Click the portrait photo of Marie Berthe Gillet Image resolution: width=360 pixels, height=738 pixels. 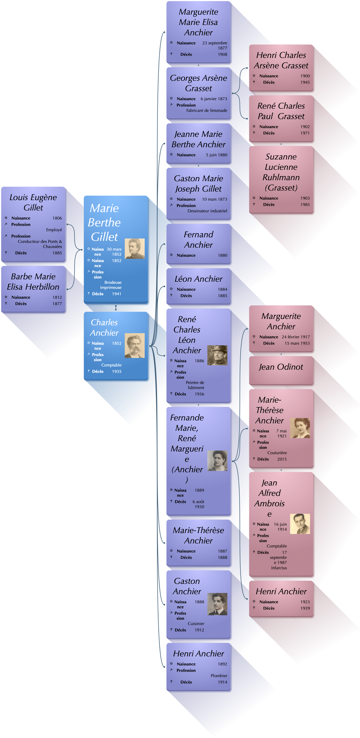coord(134,249)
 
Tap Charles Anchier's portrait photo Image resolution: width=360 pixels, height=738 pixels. coord(134,346)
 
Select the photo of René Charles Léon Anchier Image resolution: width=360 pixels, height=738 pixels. coord(217,355)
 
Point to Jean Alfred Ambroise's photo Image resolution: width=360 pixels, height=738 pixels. coord(300,524)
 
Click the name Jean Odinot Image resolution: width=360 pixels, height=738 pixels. coord(281,367)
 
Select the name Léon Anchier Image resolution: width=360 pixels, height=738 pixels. coord(198,279)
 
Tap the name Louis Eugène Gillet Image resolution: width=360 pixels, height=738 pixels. coord(33,202)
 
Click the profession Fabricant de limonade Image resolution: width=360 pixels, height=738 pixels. coord(206,111)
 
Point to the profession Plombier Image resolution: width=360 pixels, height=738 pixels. coord(219,676)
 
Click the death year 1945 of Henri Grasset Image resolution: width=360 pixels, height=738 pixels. coord(305,82)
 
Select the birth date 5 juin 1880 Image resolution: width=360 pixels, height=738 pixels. coord(216,155)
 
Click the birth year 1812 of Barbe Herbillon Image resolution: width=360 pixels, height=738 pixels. coord(57,297)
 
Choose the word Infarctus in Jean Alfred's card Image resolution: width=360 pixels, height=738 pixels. coord(279,568)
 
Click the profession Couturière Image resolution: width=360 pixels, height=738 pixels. coord(277,453)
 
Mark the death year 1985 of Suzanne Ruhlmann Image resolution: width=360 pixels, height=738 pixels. coord(305,205)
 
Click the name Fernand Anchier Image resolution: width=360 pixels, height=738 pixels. coord(198,240)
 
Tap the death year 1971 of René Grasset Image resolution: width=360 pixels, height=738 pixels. coord(305,133)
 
